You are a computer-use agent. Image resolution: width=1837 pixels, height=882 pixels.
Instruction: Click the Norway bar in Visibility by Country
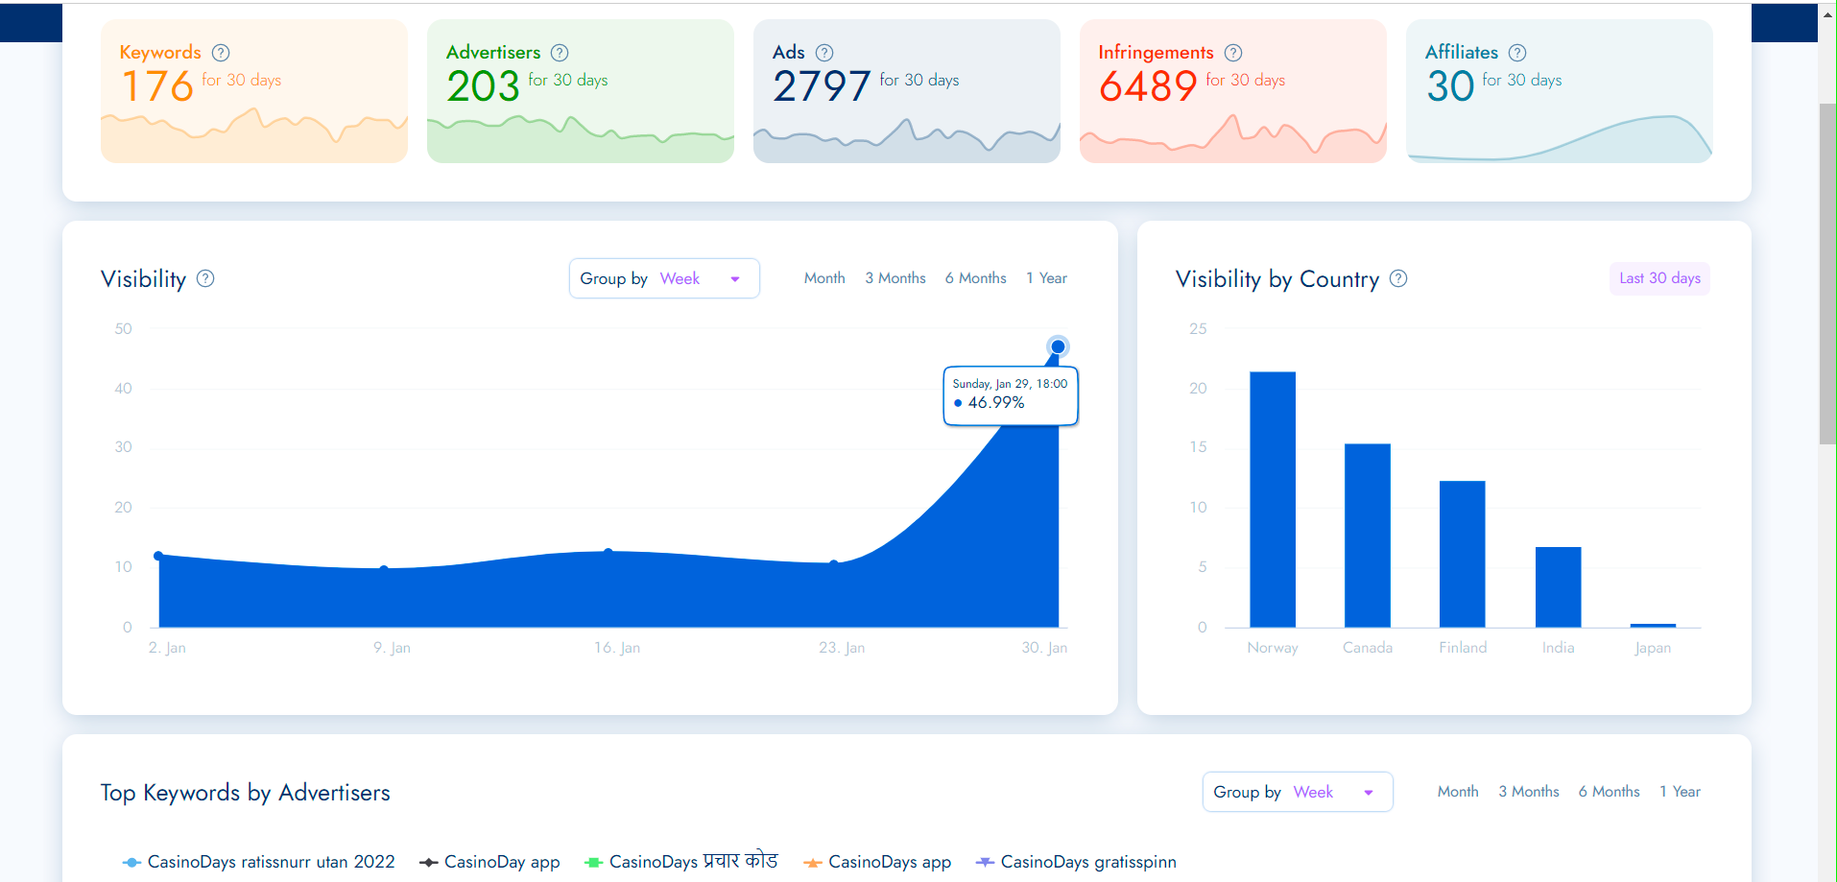tap(1272, 499)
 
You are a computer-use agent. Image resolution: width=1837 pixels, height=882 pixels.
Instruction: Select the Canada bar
tap(1367, 536)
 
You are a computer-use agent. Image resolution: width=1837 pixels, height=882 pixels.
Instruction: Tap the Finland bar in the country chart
tap(1462, 554)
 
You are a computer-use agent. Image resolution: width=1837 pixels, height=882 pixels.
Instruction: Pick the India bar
tap(1558, 586)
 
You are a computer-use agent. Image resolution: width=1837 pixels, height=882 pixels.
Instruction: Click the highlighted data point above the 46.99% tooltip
tap(1058, 346)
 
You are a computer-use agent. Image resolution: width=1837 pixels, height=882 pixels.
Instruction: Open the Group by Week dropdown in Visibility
tap(664, 278)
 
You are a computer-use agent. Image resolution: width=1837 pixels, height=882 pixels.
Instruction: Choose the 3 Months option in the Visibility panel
tap(895, 278)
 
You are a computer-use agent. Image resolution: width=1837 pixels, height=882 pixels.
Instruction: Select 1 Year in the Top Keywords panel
tap(1680, 792)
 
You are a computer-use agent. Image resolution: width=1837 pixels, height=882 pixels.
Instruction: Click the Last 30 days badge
tap(1659, 278)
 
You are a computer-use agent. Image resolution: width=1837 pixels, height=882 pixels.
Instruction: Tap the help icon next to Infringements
tap(1233, 53)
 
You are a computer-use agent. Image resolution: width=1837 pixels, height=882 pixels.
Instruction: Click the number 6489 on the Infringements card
tap(1148, 86)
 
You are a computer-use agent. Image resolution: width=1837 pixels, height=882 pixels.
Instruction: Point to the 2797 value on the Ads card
tap(822, 86)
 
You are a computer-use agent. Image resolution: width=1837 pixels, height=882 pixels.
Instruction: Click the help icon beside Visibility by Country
tap(1398, 278)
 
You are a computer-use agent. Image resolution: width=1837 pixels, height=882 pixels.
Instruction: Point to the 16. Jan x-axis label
tap(617, 648)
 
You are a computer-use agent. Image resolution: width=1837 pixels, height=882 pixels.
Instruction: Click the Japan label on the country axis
tap(1653, 648)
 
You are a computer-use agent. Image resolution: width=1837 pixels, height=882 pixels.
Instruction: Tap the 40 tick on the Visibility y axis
tap(124, 389)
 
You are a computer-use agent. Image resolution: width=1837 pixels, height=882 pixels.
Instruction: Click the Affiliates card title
tap(1461, 53)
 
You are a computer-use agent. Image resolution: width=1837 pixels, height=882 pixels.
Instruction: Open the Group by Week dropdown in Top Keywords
tap(1297, 792)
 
